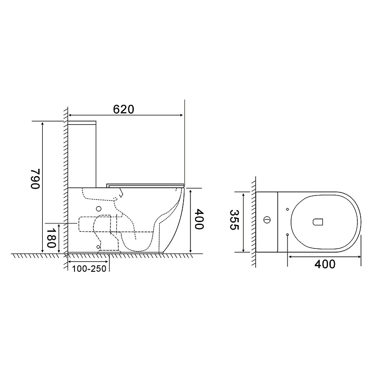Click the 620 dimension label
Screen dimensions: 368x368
tap(123, 109)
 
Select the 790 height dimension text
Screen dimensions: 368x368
tap(35, 178)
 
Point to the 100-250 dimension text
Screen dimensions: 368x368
tap(89, 269)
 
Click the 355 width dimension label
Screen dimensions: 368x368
tap(234, 220)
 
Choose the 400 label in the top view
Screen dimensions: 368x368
tap(325, 264)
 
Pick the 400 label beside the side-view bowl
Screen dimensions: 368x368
tap(199, 219)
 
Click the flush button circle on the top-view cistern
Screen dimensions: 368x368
tap(267, 220)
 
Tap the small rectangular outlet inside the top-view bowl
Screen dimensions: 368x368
tap(318, 222)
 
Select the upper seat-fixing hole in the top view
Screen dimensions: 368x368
tap(287, 209)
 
